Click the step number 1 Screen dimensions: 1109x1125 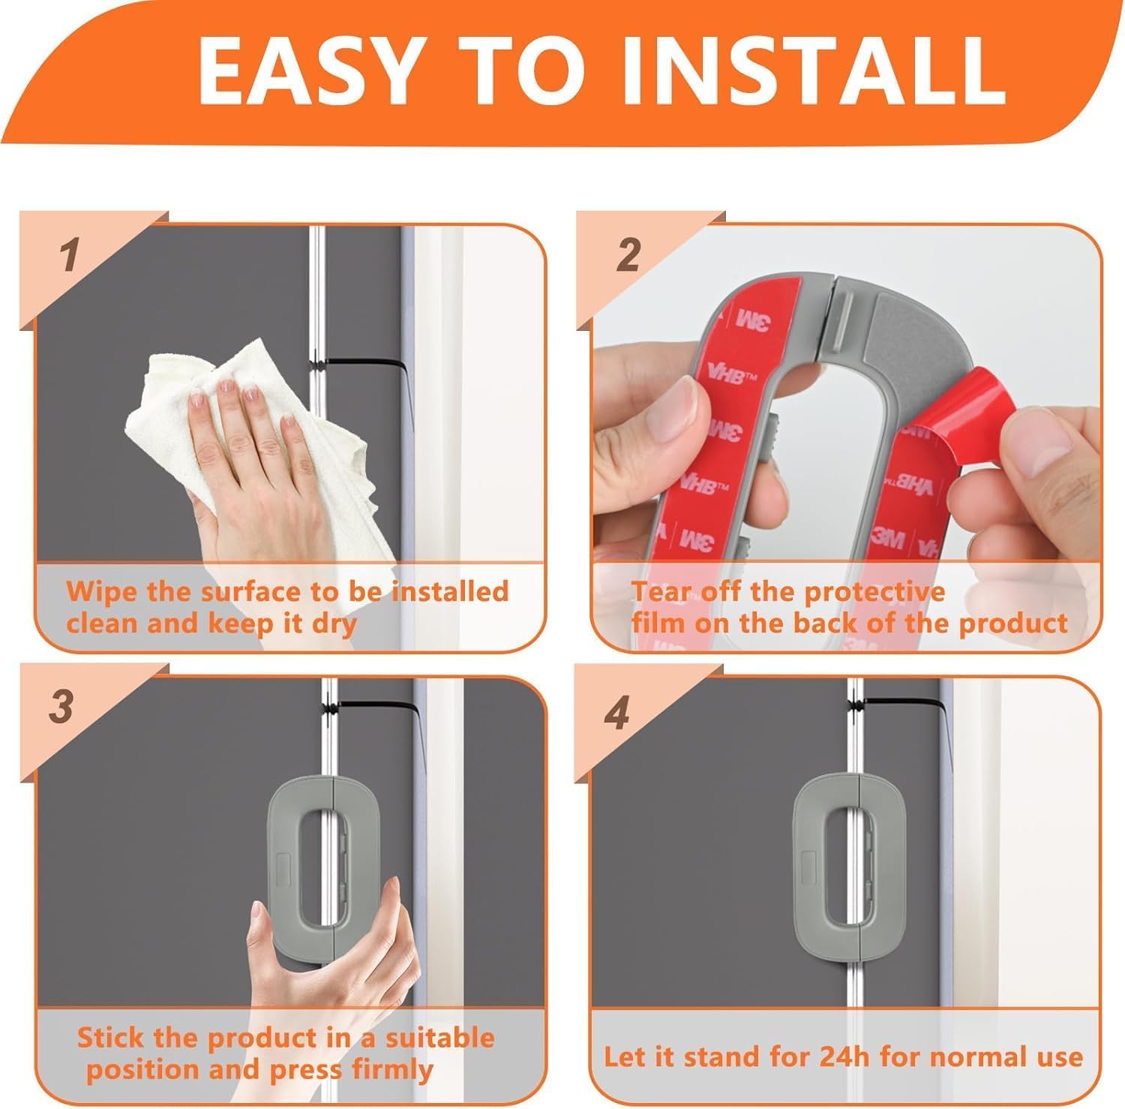pos(70,255)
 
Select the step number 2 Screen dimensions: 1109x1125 pos(628,255)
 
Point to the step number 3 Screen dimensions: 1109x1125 pos(61,707)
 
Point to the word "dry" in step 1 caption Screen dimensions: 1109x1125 pos(334,624)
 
